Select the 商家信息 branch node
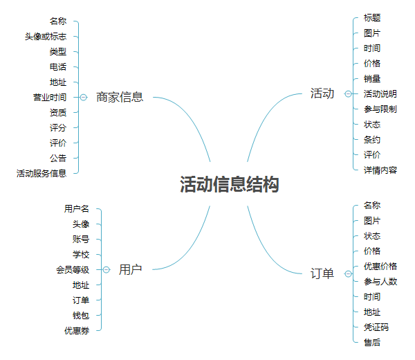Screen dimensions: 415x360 [120, 97]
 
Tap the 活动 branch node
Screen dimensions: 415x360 [322, 93]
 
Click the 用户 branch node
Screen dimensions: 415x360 [130, 269]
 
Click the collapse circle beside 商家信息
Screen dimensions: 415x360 [84, 98]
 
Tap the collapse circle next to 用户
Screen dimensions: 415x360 [107, 269]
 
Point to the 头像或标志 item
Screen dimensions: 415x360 [46, 37]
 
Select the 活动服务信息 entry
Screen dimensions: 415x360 [41, 173]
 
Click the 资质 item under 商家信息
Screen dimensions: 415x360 [58, 113]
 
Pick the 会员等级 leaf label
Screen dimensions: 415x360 [73, 269]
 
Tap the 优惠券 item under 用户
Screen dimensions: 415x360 [77, 330]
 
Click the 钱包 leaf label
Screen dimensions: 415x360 [81, 315]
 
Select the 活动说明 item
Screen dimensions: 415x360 [380, 94]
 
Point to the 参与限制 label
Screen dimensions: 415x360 [380, 109]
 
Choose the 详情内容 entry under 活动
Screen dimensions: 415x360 [380, 170]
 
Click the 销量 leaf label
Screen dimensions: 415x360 [372, 79]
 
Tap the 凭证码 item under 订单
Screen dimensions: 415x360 [376, 327]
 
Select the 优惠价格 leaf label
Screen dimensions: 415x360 [380, 266]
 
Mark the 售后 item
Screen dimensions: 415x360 [372, 342]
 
